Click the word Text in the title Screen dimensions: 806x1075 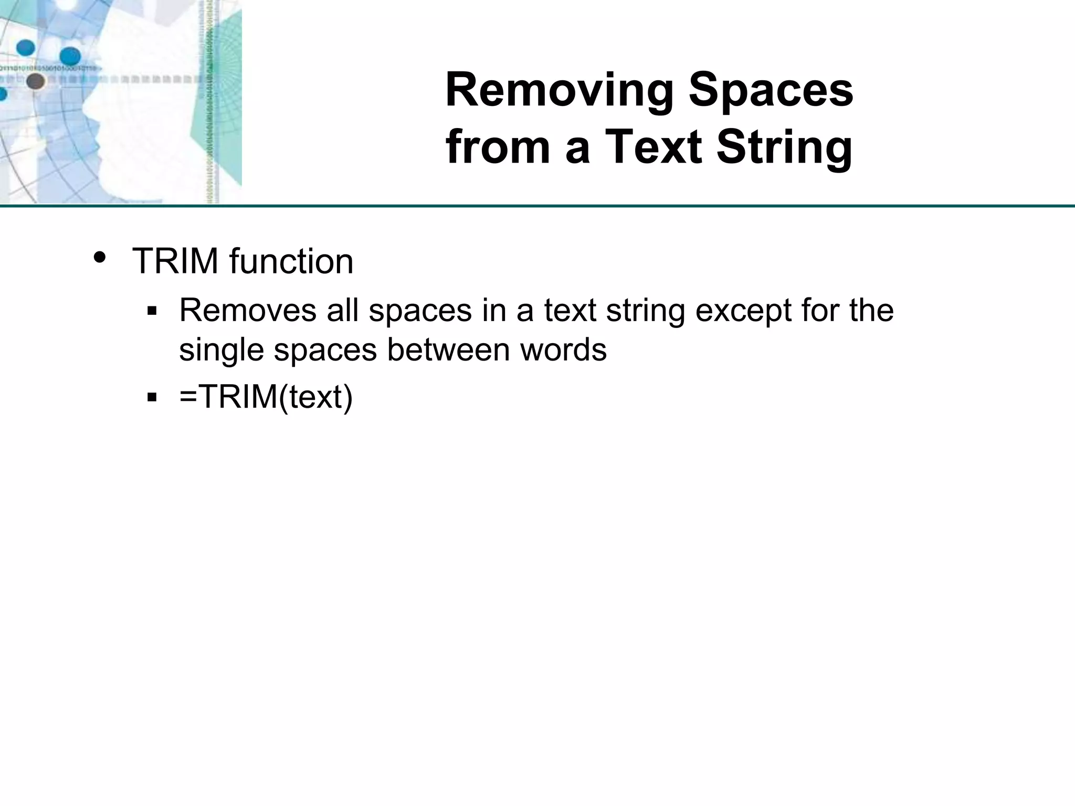654,147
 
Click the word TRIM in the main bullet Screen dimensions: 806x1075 175,261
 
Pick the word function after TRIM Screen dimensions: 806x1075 291,261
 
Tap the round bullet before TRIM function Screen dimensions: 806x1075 100,258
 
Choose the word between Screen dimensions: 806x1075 448,349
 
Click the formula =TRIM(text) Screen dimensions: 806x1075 266,397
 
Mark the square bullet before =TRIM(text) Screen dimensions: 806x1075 152,397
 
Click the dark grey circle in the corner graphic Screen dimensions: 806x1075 35,81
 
